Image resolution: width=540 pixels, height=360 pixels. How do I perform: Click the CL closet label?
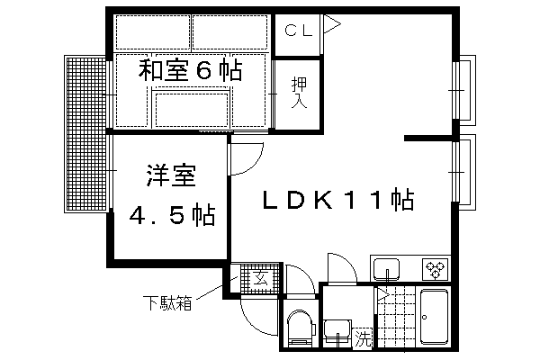[299, 31]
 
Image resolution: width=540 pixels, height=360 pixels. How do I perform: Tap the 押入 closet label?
[299, 93]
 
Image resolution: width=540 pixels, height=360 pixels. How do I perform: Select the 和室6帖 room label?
[191, 70]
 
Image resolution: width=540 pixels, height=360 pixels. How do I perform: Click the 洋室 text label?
[171, 175]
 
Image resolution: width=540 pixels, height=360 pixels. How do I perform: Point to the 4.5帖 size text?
[172, 215]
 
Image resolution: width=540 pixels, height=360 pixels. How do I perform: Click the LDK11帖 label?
[338, 200]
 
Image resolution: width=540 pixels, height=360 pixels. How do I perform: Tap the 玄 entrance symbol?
[261, 279]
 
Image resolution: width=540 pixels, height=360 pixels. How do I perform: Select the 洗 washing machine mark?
[363, 338]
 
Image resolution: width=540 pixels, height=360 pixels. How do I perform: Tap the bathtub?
[435, 317]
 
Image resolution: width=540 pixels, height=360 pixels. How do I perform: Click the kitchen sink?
[386, 269]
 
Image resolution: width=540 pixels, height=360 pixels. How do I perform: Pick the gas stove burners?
[436, 269]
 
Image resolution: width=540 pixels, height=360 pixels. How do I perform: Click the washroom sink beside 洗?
[337, 331]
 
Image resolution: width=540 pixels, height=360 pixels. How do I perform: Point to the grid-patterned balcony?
[85, 134]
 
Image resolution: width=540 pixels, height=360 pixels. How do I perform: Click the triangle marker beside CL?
[332, 24]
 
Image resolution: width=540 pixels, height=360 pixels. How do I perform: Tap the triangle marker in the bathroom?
[383, 294]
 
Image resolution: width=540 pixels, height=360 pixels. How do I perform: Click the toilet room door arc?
[305, 274]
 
